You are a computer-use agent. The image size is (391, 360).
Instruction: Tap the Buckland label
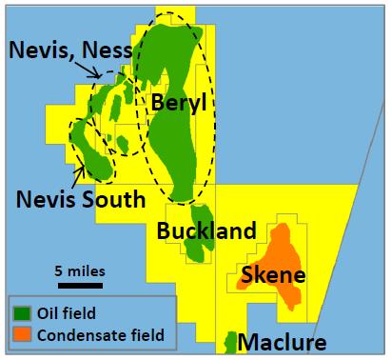(x=207, y=231)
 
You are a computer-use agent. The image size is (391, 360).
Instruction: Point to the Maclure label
(x=282, y=343)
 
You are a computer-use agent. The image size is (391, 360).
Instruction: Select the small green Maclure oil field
(x=229, y=341)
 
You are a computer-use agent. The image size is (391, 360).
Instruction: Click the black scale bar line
(x=79, y=283)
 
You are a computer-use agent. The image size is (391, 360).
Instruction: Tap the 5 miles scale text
(x=79, y=270)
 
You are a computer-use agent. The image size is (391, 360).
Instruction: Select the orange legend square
(x=21, y=333)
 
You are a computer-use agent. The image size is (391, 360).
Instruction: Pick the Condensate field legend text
(x=100, y=333)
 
